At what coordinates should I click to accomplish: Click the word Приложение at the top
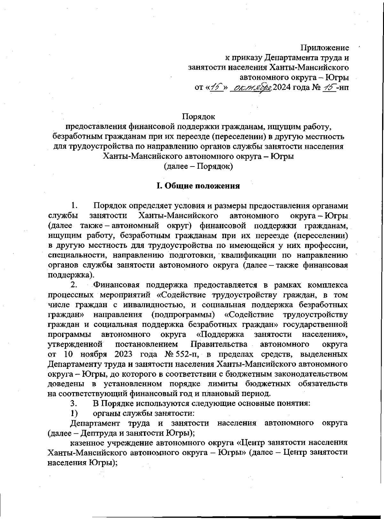pos(325,48)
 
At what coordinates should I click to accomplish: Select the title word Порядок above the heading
pos(198,117)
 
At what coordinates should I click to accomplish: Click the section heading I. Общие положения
pos(198,186)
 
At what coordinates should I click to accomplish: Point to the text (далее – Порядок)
pos(198,167)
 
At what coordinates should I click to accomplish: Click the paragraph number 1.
pos(74,206)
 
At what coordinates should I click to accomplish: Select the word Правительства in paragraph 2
pos(219,344)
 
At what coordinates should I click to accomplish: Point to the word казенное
pos(88,443)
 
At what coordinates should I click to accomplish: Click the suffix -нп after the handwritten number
pos(343,87)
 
